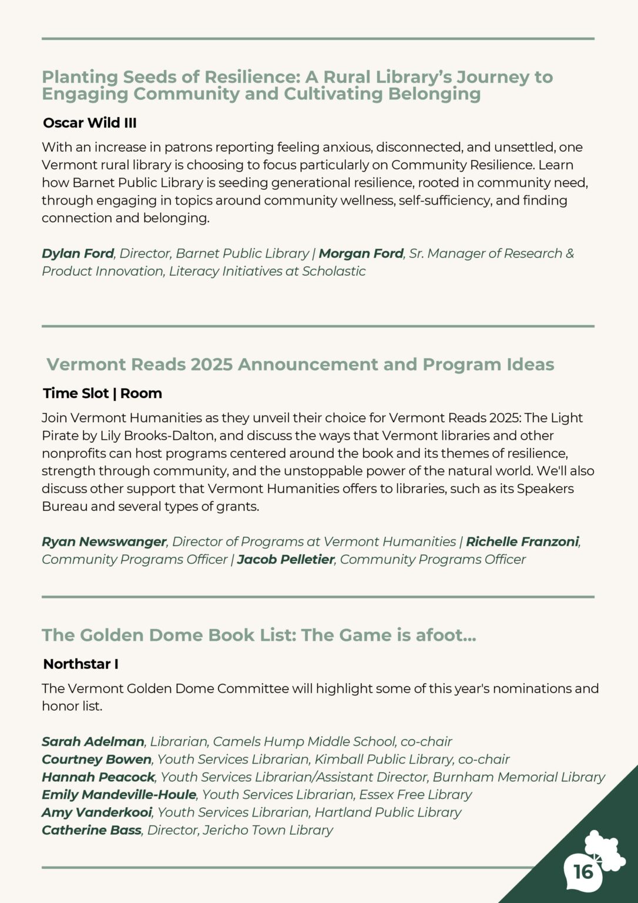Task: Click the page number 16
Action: click(583, 871)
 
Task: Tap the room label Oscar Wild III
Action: click(89, 123)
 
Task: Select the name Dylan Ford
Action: click(78, 253)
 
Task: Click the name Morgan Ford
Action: click(361, 253)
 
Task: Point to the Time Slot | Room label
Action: click(102, 393)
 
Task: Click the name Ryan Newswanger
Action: click(104, 541)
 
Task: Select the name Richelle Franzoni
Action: click(522, 541)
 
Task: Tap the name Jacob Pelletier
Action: click(286, 559)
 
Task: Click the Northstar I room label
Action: click(80, 664)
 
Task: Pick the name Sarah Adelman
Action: click(93, 741)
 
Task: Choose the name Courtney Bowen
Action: click(96, 759)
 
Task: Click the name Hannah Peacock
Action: click(98, 777)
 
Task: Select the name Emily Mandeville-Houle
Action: click(119, 794)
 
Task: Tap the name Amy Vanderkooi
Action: click(97, 812)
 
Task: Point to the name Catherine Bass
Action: click(91, 830)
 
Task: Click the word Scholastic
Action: click(334, 271)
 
